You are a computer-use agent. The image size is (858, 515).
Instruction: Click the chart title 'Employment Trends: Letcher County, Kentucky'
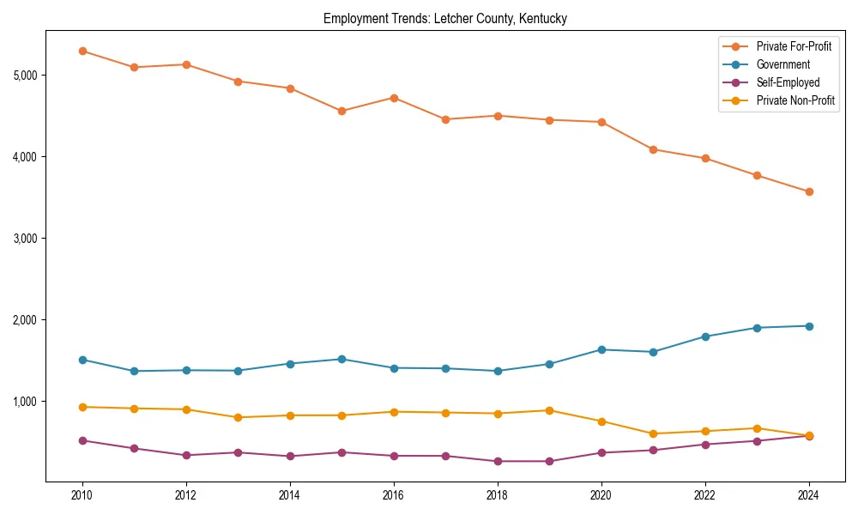point(444,18)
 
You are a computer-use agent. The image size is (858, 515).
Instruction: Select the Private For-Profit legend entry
point(794,45)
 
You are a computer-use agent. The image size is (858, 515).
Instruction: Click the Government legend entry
point(782,64)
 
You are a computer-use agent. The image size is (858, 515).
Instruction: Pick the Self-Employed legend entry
point(788,82)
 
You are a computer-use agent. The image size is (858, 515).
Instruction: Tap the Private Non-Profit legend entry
point(795,101)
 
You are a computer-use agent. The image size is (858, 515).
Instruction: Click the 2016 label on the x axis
point(394,495)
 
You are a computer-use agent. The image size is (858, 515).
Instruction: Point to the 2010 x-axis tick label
point(82,495)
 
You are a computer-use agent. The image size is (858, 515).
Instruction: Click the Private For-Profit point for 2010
point(82,51)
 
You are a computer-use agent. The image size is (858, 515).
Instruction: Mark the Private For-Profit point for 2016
point(394,98)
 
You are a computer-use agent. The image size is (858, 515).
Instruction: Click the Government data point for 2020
point(601,349)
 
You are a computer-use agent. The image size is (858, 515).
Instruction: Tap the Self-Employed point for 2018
point(498,461)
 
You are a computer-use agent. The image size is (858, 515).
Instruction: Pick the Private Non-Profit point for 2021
point(653,433)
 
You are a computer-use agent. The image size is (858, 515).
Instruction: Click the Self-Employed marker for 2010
point(82,440)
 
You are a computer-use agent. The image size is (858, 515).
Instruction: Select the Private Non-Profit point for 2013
point(238,417)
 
